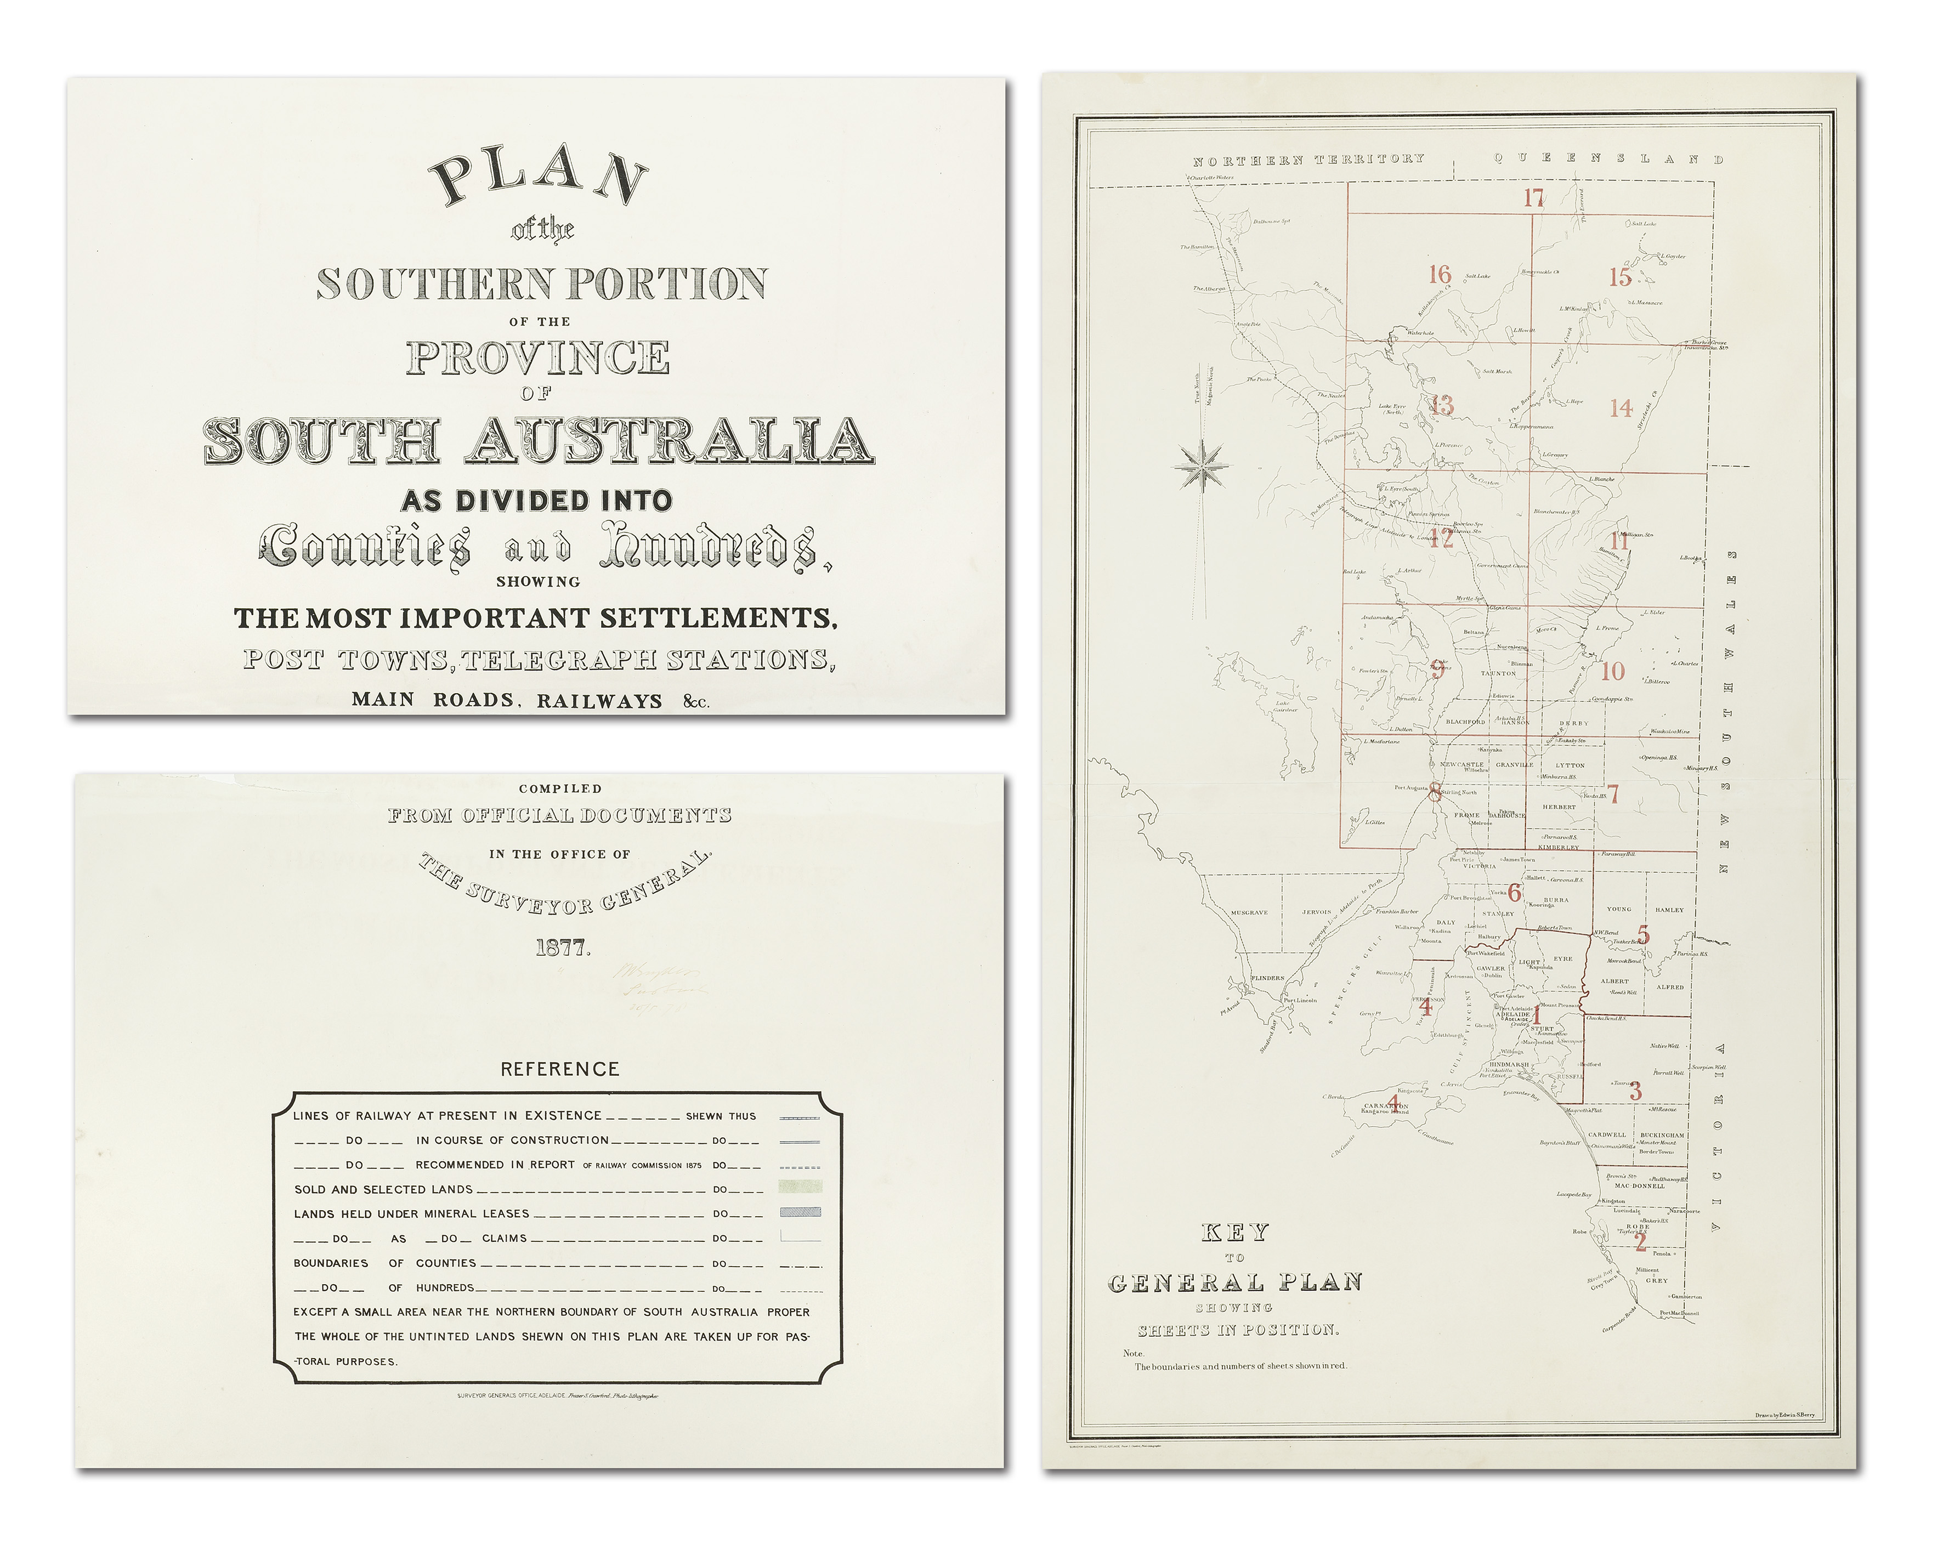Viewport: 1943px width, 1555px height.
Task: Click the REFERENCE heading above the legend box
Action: coord(560,1069)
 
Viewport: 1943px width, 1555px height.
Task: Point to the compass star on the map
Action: coord(1202,467)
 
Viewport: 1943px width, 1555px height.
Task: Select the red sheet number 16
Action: coord(1439,274)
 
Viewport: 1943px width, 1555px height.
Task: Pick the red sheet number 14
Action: coord(1621,408)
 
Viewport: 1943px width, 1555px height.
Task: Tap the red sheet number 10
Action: coord(1612,671)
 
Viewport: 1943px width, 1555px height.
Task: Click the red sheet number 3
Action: coord(1635,1092)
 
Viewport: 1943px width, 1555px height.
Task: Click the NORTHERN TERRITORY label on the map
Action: coord(1308,160)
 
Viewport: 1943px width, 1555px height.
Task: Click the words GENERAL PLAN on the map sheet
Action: coord(1234,1283)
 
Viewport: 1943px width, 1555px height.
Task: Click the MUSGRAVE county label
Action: coord(1249,912)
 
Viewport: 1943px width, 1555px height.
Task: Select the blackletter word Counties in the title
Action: coord(365,547)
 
